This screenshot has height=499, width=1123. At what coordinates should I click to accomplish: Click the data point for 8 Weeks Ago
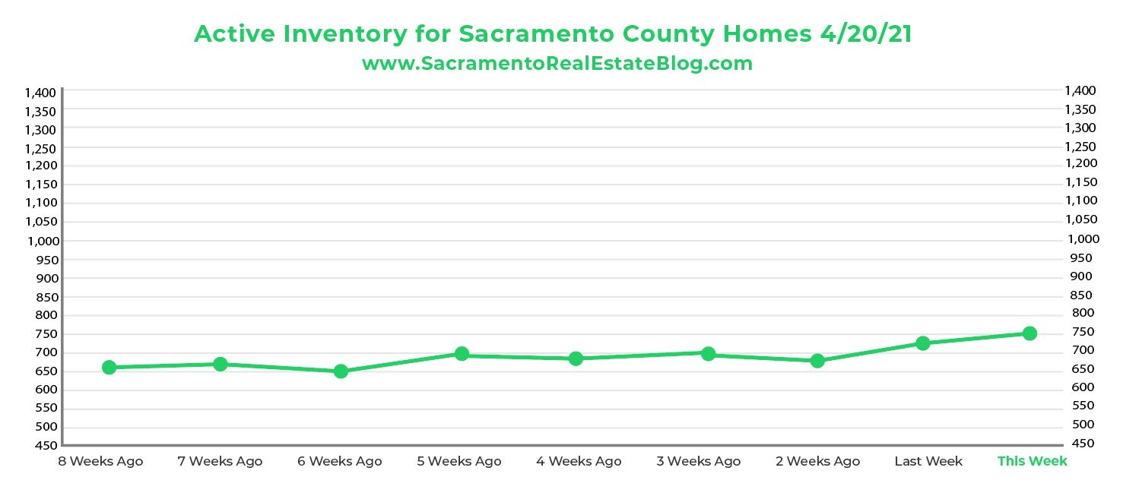(109, 368)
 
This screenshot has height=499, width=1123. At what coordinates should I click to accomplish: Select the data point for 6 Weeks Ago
(341, 371)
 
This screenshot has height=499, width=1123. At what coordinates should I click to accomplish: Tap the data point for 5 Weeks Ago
(462, 353)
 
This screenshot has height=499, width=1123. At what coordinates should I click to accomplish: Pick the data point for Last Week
(923, 343)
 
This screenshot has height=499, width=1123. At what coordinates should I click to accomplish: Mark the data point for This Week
(1029, 333)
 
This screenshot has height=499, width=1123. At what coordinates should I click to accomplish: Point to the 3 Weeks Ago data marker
(708, 354)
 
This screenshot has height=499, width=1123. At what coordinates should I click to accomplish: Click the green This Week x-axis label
(1032, 461)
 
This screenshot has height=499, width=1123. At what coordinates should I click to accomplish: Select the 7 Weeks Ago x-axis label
(220, 461)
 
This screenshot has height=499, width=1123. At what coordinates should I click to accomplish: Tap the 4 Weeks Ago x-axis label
(579, 461)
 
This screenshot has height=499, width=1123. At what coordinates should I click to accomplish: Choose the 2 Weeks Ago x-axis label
(817, 461)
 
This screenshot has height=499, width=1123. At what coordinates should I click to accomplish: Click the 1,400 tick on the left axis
(40, 93)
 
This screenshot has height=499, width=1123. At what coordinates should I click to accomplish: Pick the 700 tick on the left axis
(46, 352)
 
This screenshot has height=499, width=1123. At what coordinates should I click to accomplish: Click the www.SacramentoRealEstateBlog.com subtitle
(557, 64)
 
